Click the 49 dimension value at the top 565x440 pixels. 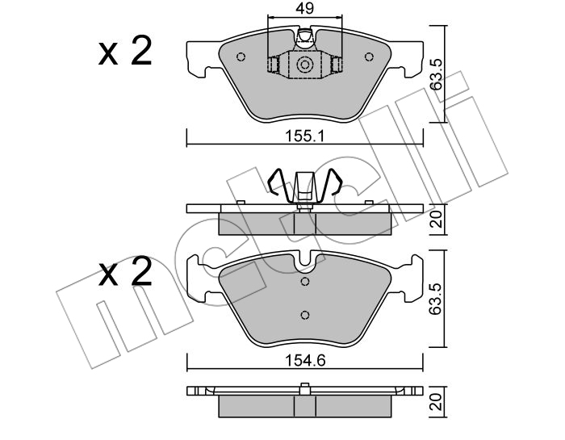(304, 8)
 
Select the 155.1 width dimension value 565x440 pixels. (305, 136)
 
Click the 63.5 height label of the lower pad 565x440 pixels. (437, 299)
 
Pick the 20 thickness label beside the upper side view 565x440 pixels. (437, 219)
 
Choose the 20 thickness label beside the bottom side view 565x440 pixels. (437, 402)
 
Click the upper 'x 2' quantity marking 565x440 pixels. (125, 51)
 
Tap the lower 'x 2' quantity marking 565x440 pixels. (125, 272)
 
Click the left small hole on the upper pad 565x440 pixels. (241, 57)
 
